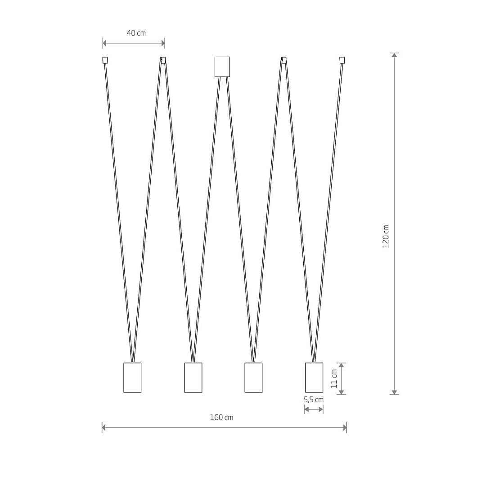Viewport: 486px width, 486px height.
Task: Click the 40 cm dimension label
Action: (136, 33)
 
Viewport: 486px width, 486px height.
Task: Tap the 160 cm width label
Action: (221, 418)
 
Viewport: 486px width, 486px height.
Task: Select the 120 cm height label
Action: (386, 236)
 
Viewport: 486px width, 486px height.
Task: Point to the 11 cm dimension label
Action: (334, 378)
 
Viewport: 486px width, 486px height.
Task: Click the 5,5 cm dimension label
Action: (314, 400)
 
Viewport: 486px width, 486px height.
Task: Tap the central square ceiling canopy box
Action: (222, 67)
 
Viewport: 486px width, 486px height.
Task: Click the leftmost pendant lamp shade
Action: (132, 378)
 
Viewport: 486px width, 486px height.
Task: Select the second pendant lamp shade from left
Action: (193, 378)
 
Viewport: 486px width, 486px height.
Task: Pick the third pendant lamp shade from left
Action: (253, 378)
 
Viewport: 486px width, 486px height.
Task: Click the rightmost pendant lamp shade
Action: (314, 378)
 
